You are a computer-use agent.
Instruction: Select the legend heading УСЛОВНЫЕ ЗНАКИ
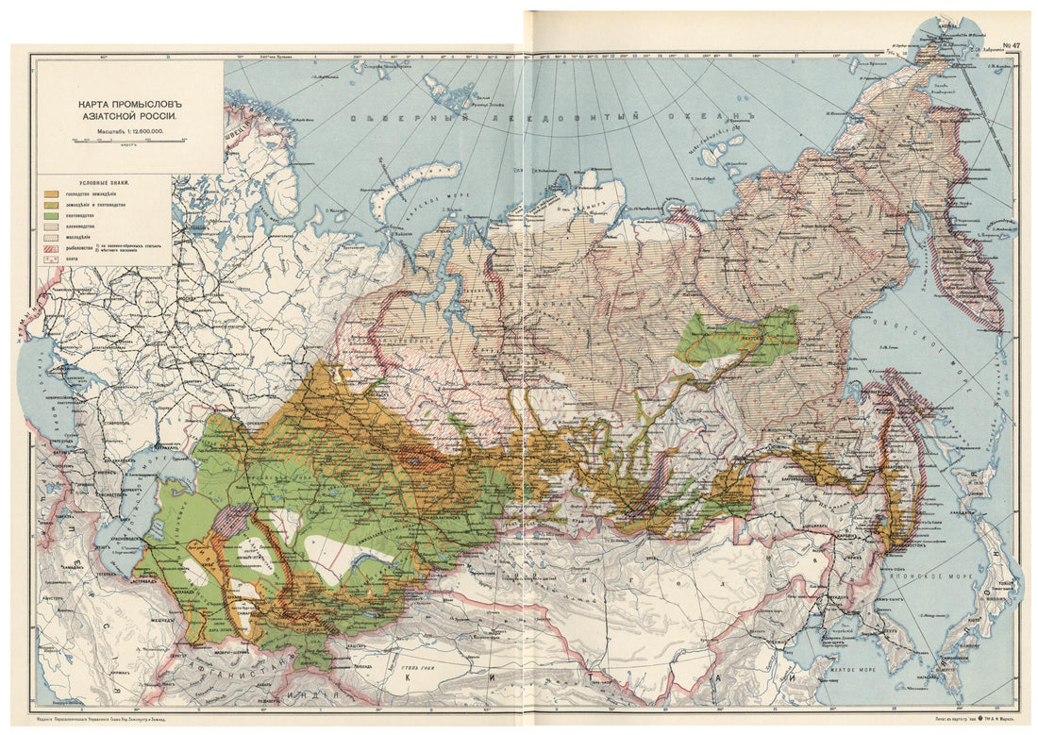point(105,181)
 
